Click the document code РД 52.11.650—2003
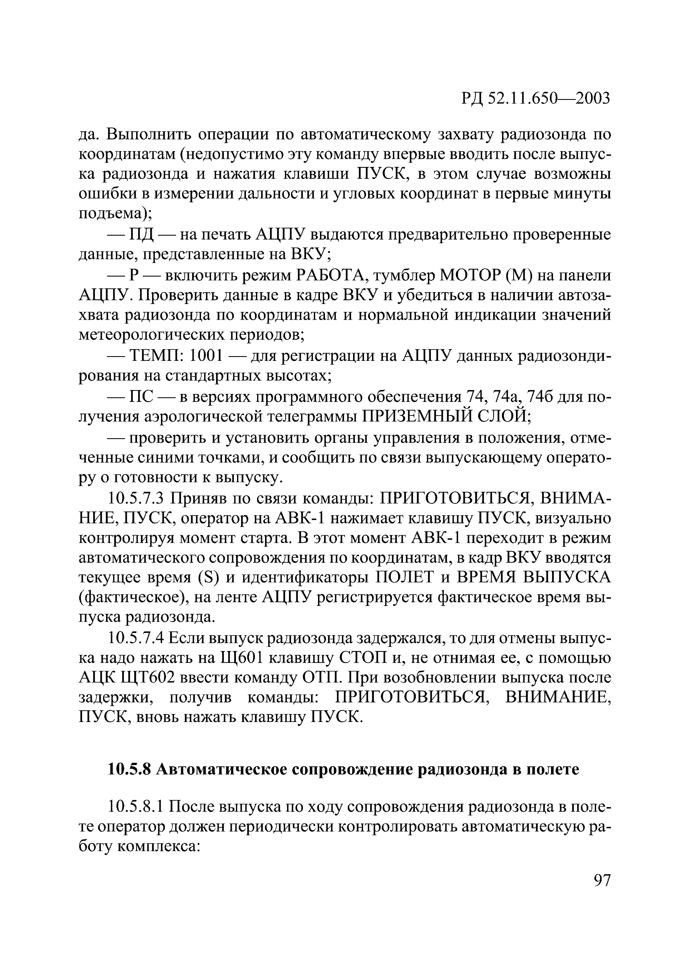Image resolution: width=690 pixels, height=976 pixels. (536, 98)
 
